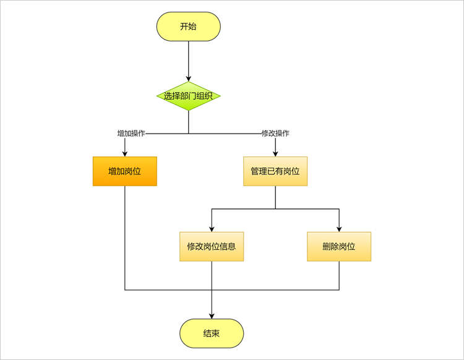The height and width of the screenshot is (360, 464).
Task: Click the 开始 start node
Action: (x=188, y=27)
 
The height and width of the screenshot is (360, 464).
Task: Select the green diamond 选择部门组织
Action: (x=188, y=96)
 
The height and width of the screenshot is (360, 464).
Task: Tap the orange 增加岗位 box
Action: (x=124, y=171)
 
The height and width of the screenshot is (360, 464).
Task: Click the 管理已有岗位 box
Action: (x=275, y=171)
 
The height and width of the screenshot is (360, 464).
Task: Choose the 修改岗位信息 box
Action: (x=212, y=246)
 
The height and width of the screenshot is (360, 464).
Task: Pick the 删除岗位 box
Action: (x=339, y=246)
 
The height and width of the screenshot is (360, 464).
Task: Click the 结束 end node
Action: (x=212, y=333)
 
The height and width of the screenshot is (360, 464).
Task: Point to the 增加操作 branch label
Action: (x=131, y=134)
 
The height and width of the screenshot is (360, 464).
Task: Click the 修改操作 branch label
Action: (x=275, y=134)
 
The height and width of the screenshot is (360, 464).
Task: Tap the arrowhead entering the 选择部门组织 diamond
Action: (x=188, y=78)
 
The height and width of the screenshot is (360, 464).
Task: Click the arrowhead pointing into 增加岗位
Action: (x=124, y=153)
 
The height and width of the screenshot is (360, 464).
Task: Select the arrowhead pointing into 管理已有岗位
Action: (x=275, y=153)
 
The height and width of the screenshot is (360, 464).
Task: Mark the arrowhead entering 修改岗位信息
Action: (x=212, y=228)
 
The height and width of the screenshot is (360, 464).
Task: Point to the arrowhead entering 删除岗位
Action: (x=339, y=228)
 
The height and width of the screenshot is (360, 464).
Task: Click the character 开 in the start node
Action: (x=184, y=27)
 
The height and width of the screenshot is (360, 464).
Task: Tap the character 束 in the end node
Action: (x=216, y=333)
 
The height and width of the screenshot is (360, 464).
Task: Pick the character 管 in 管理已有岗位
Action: (x=255, y=171)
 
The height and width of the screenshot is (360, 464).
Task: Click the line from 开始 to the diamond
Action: (x=188, y=59)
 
